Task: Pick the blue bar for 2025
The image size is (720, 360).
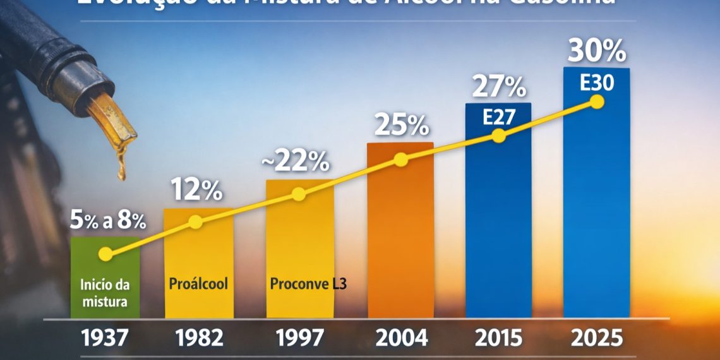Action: tap(596, 208)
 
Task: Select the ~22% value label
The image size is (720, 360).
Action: tap(296, 162)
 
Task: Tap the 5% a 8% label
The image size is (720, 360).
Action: tap(107, 221)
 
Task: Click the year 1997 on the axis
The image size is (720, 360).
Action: tap(299, 338)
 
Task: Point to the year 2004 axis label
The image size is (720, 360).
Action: tap(402, 338)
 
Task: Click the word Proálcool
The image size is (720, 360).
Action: tap(198, 284)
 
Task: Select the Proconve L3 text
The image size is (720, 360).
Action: tap(308, 284)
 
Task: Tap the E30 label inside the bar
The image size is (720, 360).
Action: tap(597, 83)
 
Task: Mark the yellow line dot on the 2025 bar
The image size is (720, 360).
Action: tap(596, 102)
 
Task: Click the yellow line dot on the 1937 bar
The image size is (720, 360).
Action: tap(105, 254)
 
